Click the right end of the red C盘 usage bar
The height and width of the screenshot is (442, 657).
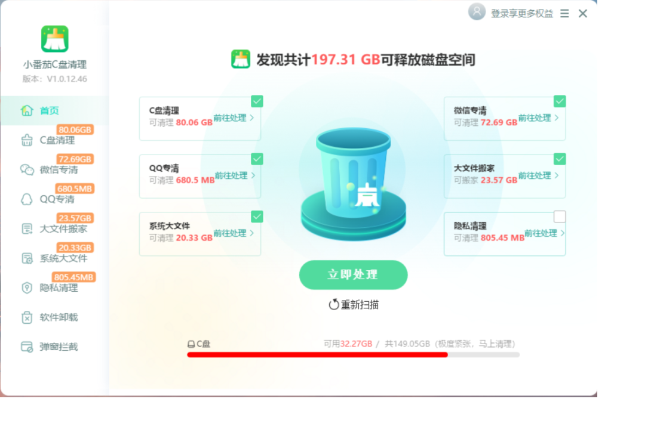(447, 354)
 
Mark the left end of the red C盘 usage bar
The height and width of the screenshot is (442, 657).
(188, 354)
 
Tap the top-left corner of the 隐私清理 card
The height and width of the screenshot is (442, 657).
(444, 212)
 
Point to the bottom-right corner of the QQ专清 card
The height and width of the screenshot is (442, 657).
(260, 198)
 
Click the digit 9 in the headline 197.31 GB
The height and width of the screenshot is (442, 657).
(323, 60)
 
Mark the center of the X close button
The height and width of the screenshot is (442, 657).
(582, 14)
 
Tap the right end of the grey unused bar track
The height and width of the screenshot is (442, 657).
(520, 354)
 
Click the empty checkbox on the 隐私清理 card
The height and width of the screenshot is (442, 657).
(560, 217)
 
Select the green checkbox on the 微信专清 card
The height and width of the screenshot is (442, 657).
(560, 101)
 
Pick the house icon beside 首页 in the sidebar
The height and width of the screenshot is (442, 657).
(27, 110)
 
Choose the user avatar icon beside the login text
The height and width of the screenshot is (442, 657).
(477, 12)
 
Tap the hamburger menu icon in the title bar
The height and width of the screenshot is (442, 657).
(564, 14)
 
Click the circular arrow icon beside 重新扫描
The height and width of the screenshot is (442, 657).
(333, 305)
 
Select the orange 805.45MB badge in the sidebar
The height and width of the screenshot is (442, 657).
(73, 277)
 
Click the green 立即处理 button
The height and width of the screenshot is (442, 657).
(353, 274)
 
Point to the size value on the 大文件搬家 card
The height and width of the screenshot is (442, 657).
(499, 180)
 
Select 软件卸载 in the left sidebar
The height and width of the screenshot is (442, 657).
(59, 317)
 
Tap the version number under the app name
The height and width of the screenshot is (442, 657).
(67, 79)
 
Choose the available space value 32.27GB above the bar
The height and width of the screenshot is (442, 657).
(356, 344)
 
